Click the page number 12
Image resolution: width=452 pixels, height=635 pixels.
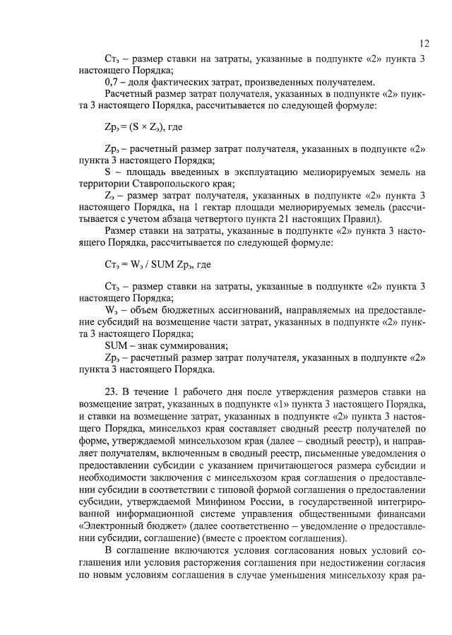(x=423, y=42)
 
